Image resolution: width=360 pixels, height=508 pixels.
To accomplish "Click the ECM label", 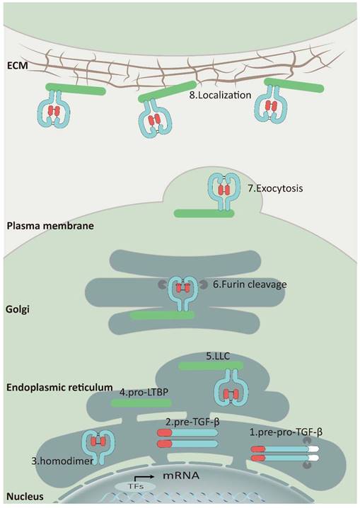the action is point(17,66).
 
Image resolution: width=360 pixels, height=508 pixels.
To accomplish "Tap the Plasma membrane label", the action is point(50,226).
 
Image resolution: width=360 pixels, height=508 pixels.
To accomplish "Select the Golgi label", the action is point(18,309).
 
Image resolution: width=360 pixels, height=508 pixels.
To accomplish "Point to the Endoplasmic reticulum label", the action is point(59,387).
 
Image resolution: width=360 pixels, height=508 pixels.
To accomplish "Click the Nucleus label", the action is point(25,497).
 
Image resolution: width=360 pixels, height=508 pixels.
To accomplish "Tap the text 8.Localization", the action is point(220,96).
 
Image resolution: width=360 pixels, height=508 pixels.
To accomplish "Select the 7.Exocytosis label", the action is point(276,189).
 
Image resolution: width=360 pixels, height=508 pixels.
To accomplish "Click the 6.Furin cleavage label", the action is point(250,284).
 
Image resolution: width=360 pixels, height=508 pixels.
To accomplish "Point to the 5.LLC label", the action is point(218,357).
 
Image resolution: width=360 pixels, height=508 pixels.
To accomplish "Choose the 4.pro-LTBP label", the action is point(144,393).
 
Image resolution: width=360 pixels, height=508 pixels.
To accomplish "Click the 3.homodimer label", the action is point(62,461).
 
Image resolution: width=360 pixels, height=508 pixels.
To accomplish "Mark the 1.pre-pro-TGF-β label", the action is point(286,432).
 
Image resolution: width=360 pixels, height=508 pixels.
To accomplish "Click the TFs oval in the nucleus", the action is point(135,486).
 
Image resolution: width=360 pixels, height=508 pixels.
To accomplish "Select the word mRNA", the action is point(180,476).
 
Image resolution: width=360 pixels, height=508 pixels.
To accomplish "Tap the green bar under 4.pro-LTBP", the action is point(141,403).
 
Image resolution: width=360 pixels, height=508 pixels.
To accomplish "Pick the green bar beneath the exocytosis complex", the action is point(204,213).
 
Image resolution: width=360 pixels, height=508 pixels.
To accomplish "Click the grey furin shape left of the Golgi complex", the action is point(161,284).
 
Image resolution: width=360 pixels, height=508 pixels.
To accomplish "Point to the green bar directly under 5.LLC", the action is point(211,366).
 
